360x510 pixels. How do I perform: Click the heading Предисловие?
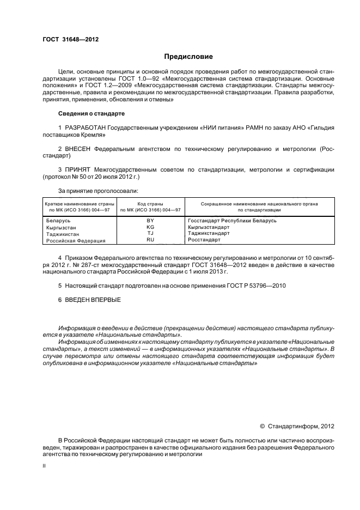tap(188, 57)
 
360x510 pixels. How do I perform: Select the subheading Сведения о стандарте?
tap(91, 113)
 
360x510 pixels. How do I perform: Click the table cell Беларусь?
tap(57, 220)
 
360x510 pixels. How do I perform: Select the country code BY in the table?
tap(150, 220)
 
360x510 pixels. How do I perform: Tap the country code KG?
tap(150, 227)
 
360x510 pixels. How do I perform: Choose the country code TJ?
tap(150, 233)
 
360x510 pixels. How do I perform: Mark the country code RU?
tap(150, 240)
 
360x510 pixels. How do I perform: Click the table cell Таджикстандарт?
tap(209, 233)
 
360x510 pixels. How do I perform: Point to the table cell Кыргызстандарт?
tap(209, 227)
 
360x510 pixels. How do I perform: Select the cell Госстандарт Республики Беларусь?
tap(232, 220)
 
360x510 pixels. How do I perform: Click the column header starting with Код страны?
tap(151, 207)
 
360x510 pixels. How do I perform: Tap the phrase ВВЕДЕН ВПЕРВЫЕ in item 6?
tap(93, 300)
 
